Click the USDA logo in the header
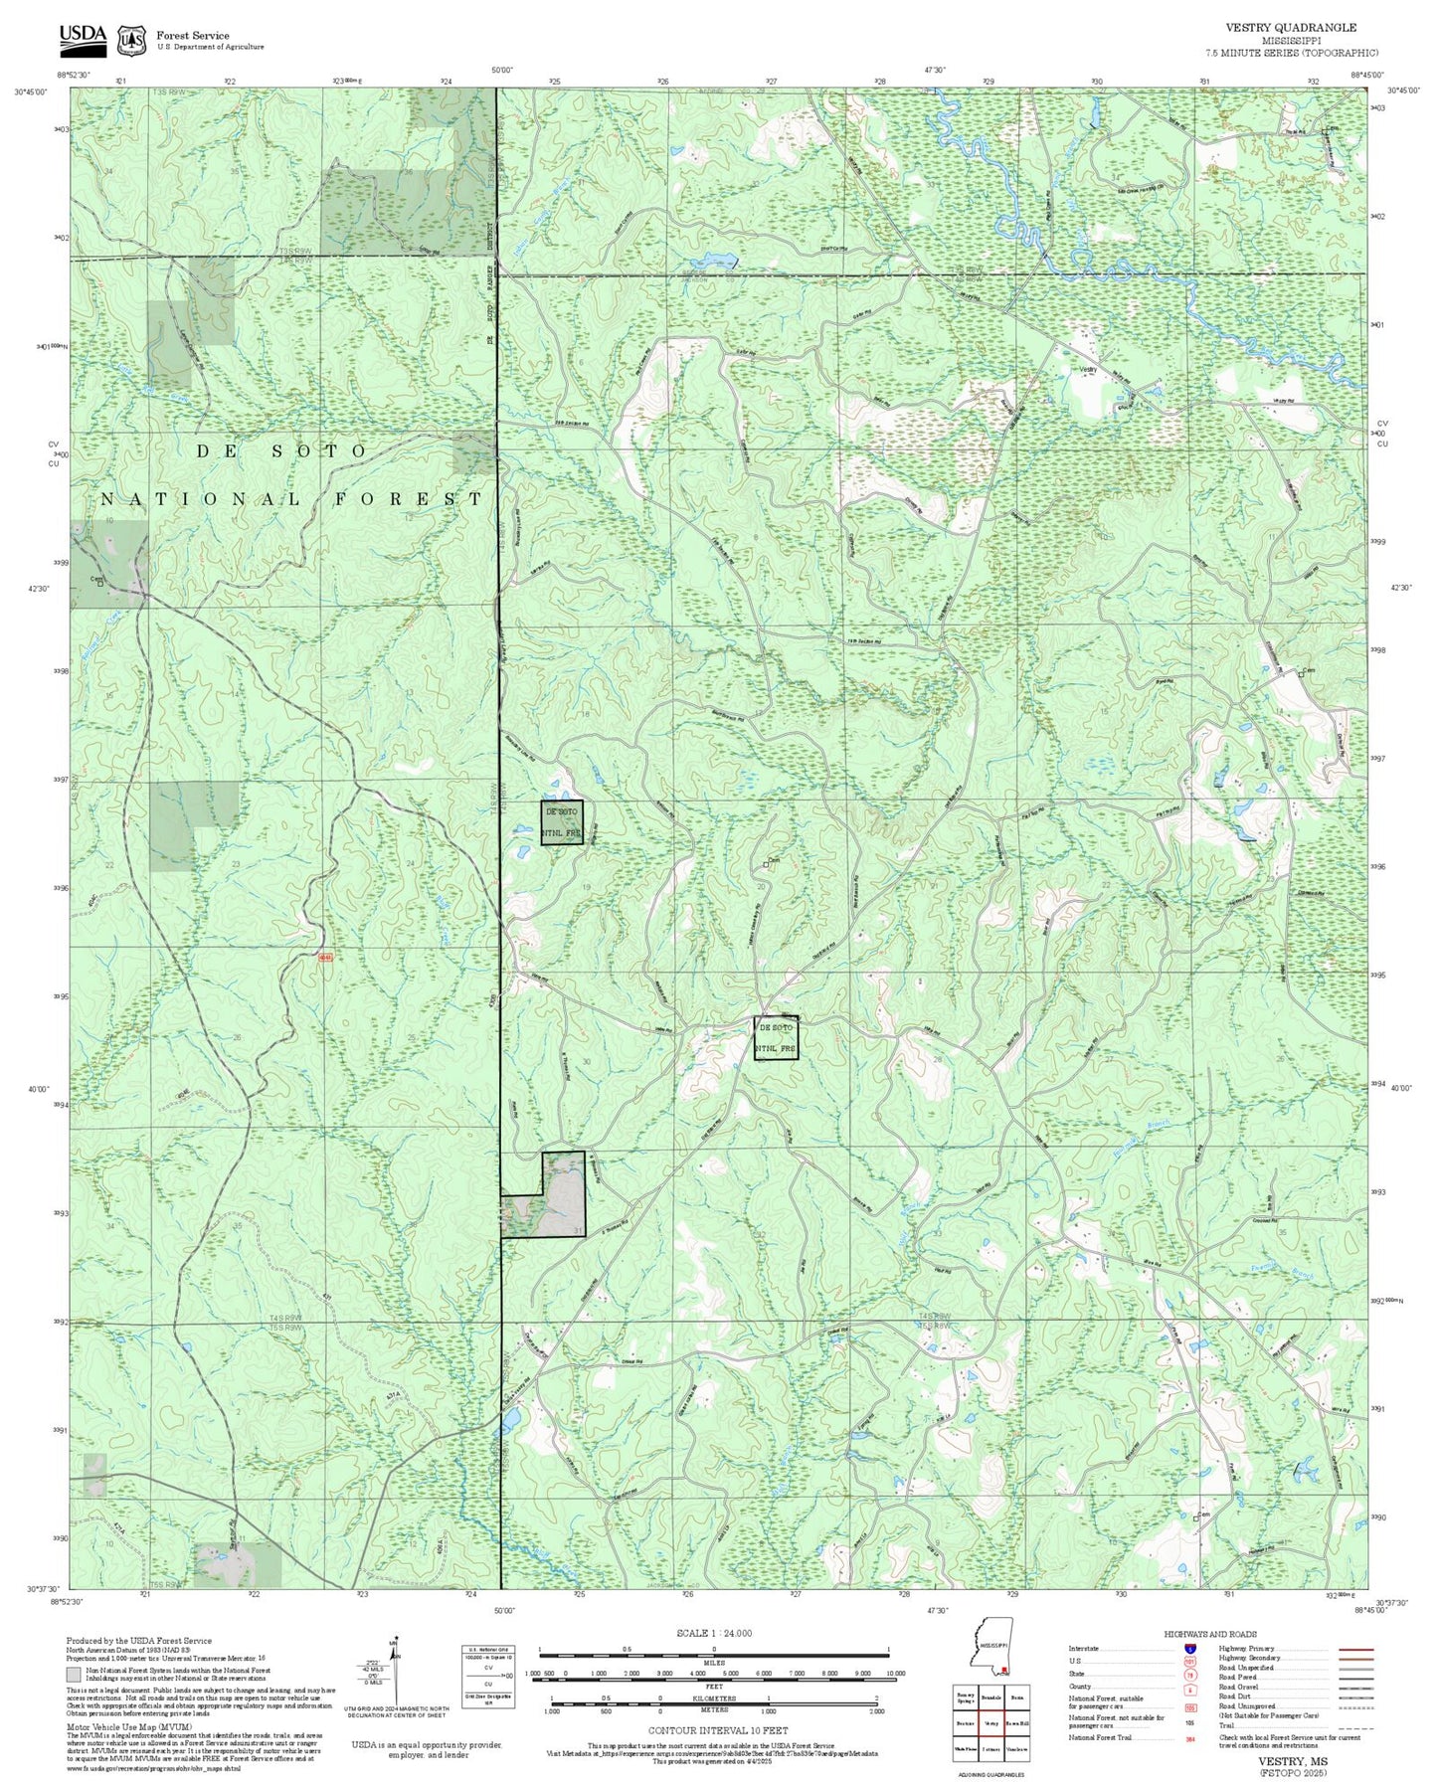pyautogui.click(x=82, y=37)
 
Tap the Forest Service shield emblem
pyautogui.click(x=130, y=40)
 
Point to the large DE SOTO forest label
pyautogui.click(x=281, y=450)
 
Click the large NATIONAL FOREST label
pyautogui.click(x=292, y=499)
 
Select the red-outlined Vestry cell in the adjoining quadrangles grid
pyautogui.click(x=990, y=1722)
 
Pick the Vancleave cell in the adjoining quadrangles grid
pyautogui.click(x=1016, y=1748)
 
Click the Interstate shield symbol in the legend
pyautogui.click(x=1189, y=1648)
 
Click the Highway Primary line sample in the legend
pyautogui.click(x=1355, y=1649)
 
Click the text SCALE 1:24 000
pyautogui.click(x=713, y=1633)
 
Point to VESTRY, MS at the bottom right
pyautogui.click(x=1290, y=1761)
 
